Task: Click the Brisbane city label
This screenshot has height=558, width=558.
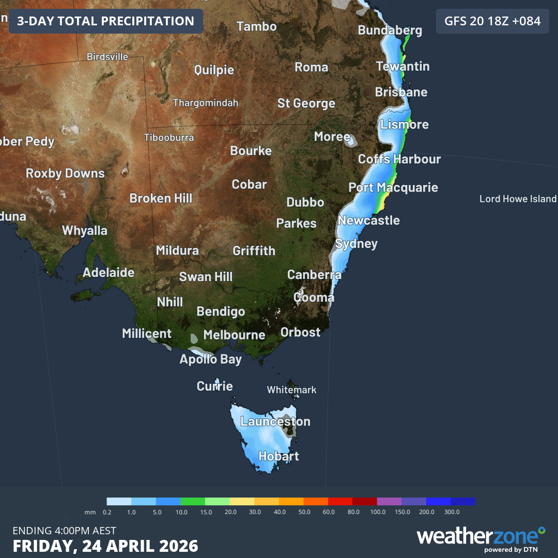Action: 401,92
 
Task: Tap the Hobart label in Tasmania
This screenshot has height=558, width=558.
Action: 278,456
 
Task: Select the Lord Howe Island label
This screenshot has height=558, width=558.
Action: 518,199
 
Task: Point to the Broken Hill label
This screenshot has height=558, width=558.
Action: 161,198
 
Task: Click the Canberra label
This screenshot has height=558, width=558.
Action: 314,274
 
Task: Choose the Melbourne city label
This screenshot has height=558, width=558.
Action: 234,335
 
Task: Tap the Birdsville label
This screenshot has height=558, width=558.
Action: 107,57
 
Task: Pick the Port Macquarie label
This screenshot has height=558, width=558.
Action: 393,187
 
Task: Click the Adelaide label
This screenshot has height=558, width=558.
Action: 109,272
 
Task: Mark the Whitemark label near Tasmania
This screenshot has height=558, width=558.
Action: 291,390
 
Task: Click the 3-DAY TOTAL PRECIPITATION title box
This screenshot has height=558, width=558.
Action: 106,21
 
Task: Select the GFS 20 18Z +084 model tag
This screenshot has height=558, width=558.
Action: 492,21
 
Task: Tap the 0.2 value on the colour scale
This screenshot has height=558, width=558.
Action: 107,512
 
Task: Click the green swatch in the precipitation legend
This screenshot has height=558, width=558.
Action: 193,501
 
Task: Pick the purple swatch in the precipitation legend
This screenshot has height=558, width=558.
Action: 389,501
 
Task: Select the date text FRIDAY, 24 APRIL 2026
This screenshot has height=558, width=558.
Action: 105,546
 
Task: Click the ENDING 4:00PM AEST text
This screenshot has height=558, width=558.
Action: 65,531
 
